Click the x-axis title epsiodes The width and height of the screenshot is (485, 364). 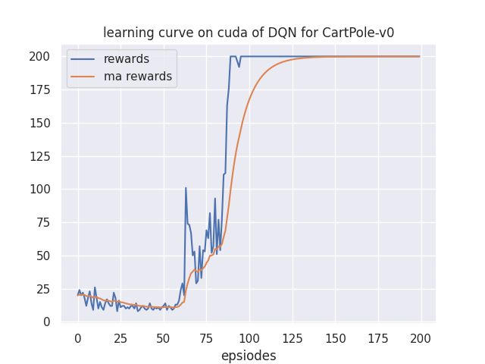(249, 356)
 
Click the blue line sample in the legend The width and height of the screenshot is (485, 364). (85, 59)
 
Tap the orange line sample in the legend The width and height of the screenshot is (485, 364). (85, 77)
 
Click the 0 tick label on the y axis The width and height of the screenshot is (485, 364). (47, 322)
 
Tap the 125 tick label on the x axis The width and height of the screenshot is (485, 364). (292, 337)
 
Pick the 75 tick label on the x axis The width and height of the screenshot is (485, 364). (206, 337)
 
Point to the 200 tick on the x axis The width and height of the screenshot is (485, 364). (420, 337)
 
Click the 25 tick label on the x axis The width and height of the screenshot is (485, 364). (120, 337)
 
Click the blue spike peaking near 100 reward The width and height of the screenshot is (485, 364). (186, 188)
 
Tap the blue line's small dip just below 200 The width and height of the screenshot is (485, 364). (239, 66)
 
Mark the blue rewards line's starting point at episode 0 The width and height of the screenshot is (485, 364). (78, 295)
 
